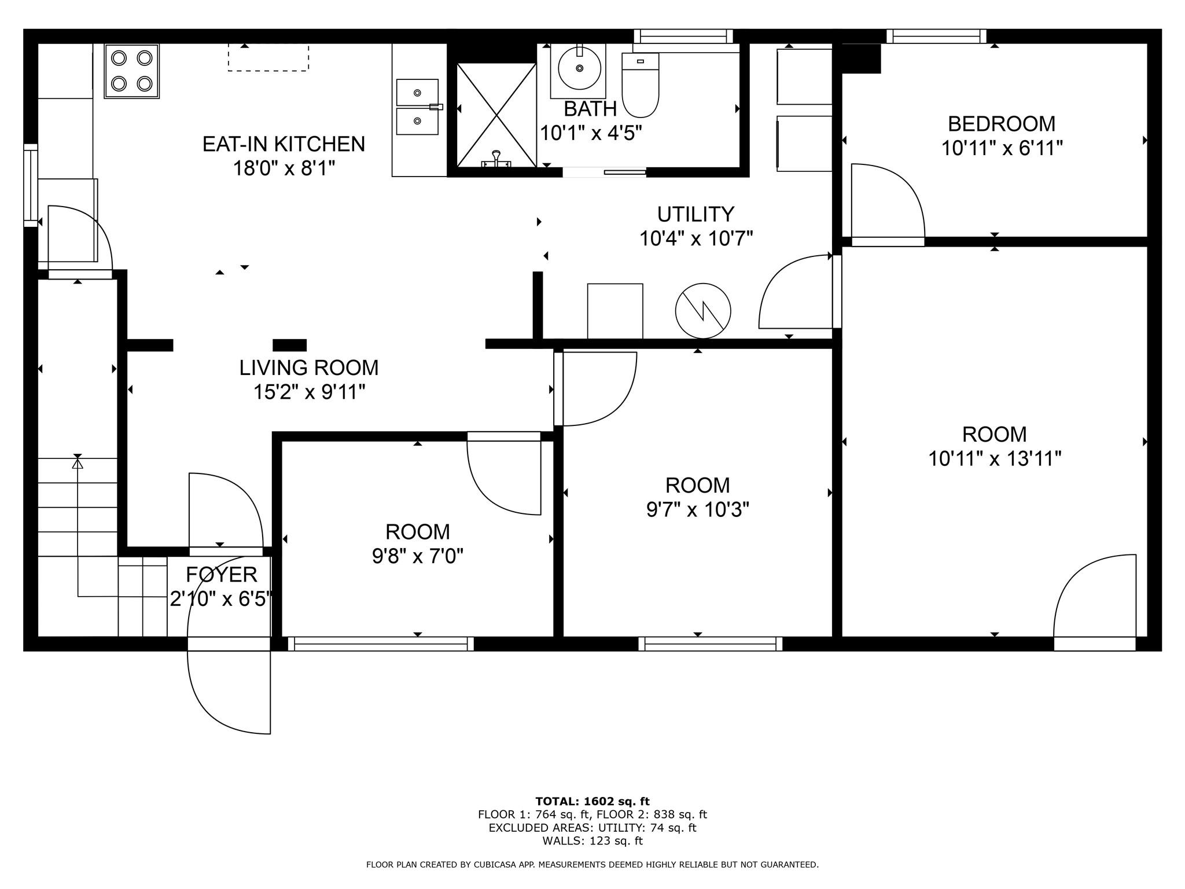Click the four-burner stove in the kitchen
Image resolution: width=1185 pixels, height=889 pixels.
[131, 71]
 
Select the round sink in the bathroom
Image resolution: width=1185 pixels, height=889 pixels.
[579, 68]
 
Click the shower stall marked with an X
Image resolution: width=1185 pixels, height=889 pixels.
[496, 115]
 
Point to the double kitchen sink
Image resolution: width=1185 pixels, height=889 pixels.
[417, 107]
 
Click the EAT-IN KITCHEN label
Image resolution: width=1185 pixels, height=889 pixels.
[284, 144]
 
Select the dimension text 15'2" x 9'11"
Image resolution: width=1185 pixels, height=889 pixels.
[309, 392]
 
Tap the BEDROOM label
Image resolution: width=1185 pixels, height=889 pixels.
[1001, 124]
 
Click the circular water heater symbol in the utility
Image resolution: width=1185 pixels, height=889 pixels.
[703, 311]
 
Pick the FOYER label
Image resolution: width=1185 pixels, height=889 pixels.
[221, 575]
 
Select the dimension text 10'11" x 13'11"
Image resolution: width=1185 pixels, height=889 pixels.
[995, 459]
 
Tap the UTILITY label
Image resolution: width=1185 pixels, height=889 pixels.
[695, 214]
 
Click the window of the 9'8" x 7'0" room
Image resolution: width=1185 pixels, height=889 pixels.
[381, 644]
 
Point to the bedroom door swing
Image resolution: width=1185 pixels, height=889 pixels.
[888, 203]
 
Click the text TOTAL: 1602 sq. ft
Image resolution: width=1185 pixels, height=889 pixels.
[592, 802]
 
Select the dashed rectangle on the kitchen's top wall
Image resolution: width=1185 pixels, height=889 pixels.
[268, 58]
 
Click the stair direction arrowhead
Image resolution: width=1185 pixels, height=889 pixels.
[78, 463]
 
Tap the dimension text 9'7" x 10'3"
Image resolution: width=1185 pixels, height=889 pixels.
[697, 510]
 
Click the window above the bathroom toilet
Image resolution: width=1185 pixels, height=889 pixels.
[683, 36]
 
